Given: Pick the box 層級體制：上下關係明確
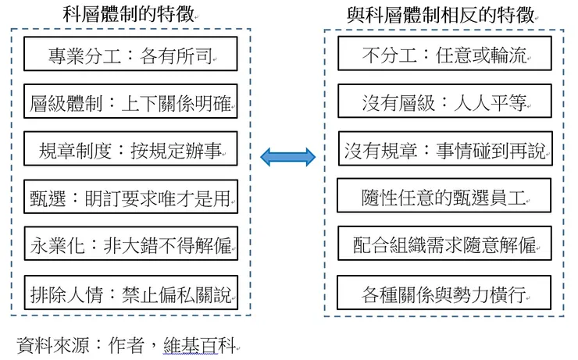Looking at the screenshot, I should pos(130,105).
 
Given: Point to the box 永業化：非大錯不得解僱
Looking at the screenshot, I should pos(130,247).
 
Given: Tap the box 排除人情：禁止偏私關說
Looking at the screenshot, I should pos(130,294).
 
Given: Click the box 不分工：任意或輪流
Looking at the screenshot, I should pos(444,56).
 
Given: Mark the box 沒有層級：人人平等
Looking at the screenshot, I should pos(444,103).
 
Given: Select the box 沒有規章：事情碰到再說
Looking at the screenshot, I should pos(444,151).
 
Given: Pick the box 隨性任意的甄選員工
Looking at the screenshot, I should pos(444,198).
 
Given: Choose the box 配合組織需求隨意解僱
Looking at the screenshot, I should pos(444,246).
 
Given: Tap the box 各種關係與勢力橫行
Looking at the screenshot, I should pos(444,294).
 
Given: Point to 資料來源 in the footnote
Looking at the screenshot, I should pos(52,344).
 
